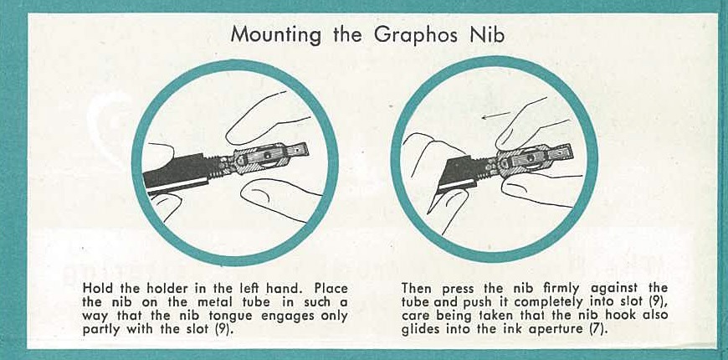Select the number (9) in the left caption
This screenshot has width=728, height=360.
coord(225,331)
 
